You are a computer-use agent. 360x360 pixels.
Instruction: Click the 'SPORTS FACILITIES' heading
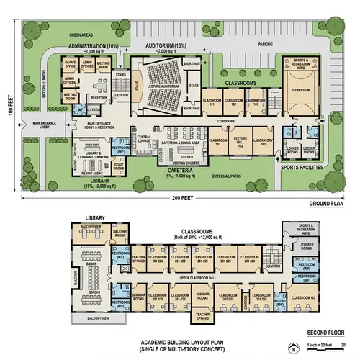click(302, 166)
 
